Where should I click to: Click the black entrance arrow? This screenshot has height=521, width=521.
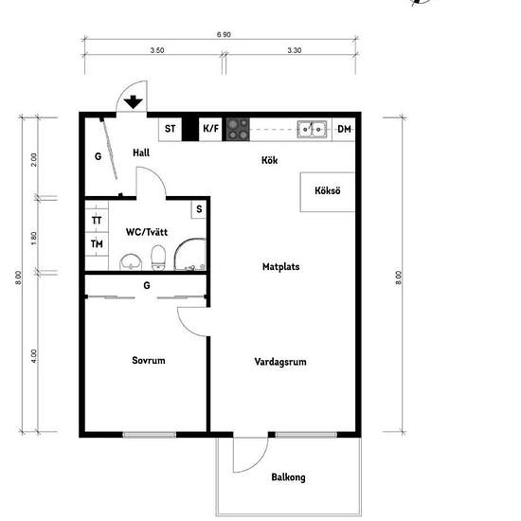(134, 101)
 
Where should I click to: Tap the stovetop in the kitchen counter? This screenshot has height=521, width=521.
(238, 129)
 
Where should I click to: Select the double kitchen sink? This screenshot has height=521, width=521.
(312, 129)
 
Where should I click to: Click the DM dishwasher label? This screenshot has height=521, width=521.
(344, 129)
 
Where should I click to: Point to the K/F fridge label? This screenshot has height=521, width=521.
(210, 128)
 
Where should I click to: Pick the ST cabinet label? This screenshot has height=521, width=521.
(171, 129)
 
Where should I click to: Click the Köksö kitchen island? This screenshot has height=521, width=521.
(328, 191)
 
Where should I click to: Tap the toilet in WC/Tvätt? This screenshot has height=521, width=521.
(158, 258)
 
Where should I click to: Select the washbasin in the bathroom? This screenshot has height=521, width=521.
(131, 262)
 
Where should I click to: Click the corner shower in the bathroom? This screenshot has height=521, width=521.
(190, 254)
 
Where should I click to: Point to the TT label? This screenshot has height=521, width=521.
(97, 221)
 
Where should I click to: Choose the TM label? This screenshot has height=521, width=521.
(97, 244)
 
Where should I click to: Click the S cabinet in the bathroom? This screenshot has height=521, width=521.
(199, 209)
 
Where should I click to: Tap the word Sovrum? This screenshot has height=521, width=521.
(149, 360)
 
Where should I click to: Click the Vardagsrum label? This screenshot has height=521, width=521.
(280, 362)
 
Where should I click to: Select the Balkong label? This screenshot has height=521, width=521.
(288, 477)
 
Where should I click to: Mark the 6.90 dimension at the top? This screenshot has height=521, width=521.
(224, 34)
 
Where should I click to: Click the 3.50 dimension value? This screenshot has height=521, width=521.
(157, 50)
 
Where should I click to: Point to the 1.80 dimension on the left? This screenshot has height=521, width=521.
(34, 238)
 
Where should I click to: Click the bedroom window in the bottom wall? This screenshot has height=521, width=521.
(150, 434)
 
